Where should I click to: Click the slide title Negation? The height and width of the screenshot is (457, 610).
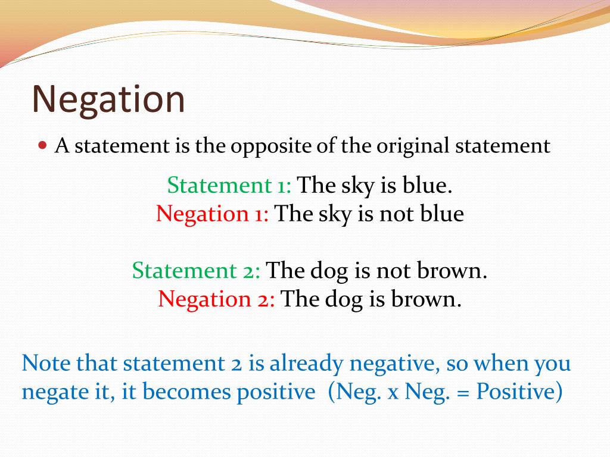pos(108,99)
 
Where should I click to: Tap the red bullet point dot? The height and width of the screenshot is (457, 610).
pos(43,146)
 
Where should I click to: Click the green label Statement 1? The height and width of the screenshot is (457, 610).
pos(229,185)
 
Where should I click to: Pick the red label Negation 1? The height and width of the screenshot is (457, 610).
pos(212,214)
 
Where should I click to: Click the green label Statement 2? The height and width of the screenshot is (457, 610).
pos(196,271)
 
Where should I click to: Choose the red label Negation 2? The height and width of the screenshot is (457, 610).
pos(216,299)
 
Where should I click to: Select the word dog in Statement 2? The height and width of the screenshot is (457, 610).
pos(328,271)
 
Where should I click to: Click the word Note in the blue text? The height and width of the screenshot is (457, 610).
pos(46,364)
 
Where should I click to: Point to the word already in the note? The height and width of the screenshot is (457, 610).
pos(306,365)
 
